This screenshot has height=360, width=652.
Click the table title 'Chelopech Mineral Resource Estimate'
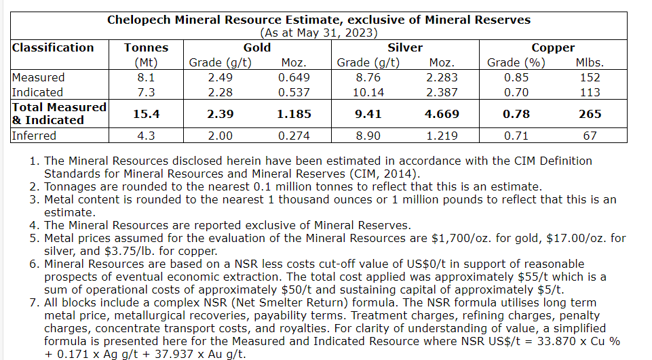tap(318, 20)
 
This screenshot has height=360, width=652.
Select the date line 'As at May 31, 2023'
tap(318, 33)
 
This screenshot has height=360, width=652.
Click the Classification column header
tap(53, 47)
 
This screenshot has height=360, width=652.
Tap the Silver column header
tap(405, 47)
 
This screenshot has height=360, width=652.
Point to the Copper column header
tap(553, 47)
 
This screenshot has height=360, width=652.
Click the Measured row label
tap(39, 77)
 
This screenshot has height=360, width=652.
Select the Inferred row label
tap(34, 136)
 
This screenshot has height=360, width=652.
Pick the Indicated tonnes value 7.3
tap(146, 92)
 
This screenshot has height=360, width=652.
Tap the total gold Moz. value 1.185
tap(294, 114)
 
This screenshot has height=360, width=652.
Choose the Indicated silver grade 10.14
tap(368, 92)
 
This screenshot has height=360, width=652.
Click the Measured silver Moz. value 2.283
tap(442, 77)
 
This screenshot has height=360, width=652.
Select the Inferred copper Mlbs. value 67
tap(590, 136)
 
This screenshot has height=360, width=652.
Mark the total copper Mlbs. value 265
tap(590, 114)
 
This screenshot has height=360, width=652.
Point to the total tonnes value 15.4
tap(146, 114)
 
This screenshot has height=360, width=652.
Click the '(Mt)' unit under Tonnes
tap(146, 63)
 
